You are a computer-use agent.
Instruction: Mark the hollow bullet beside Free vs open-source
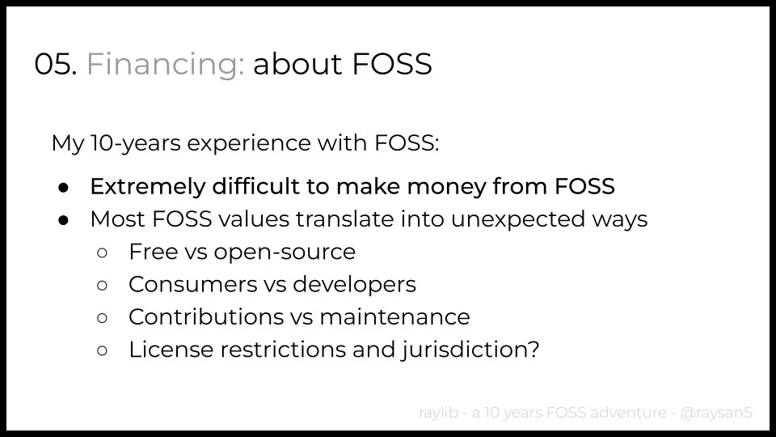103,252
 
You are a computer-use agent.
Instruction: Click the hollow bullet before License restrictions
103,350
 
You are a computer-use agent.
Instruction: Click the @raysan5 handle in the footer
716,413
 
